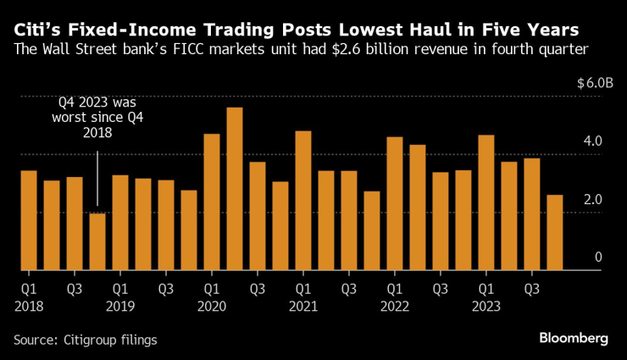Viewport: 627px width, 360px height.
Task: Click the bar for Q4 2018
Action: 97,241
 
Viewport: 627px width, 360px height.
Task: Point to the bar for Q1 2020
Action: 212,202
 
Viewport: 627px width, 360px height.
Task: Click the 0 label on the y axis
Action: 597,257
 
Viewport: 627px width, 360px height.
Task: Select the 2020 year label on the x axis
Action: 212,306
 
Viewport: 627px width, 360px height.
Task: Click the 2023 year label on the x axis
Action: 486,306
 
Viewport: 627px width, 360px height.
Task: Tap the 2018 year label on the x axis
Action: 29,306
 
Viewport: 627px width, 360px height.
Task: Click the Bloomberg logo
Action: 574,338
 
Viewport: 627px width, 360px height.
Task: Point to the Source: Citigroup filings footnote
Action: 85,339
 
